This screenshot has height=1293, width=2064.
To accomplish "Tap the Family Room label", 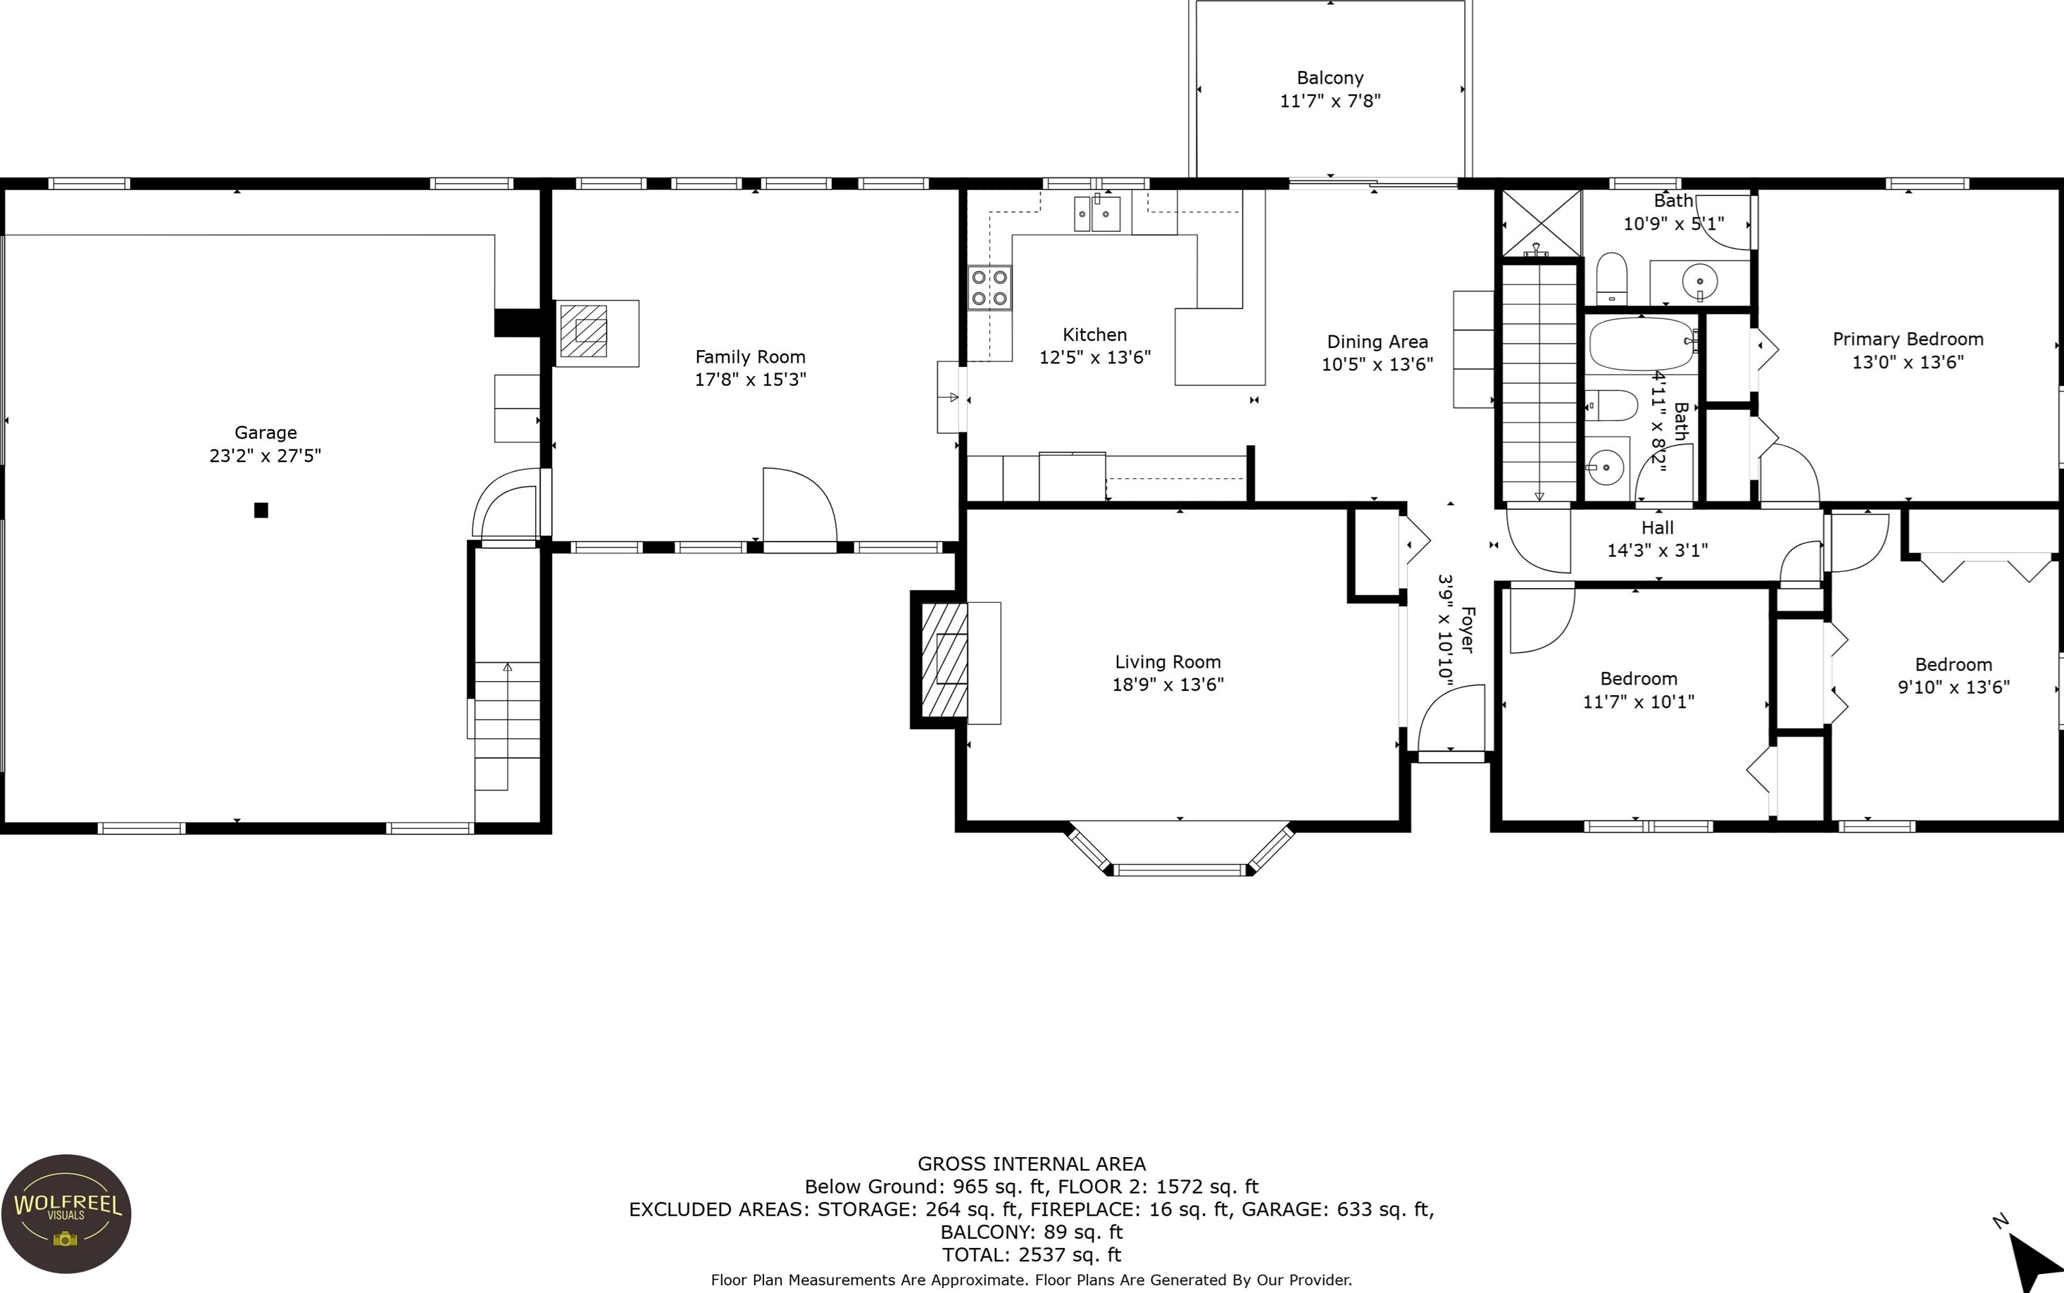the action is (x=750, y=356).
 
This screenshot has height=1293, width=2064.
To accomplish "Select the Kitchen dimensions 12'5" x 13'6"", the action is (x=1094, y=358).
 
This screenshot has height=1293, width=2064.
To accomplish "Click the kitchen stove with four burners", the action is (x=989, y=287).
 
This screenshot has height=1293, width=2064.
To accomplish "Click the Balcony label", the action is (x=1330, y=77).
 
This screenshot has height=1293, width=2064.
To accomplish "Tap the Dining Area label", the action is (x=1377, y=342).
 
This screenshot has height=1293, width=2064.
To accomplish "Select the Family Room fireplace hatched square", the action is (x=584, y=331).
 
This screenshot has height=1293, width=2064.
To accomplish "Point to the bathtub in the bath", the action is (x=1641, y=344).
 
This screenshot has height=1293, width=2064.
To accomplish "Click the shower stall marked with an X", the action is (x=1541, y=223).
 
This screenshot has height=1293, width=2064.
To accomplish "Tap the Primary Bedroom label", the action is (x=1908, y=339).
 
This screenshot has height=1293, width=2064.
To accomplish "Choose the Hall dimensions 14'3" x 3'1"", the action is (x=1657, y=551).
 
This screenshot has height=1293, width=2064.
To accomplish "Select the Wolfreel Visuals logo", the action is (x=65, y=1214).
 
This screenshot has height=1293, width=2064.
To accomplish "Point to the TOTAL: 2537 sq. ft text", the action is (x=1031, y=1254).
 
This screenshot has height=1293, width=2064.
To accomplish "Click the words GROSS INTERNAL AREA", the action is (x=1031, y=1164).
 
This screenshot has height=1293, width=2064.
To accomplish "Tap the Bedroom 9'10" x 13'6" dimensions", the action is (x=1953, y=687).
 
